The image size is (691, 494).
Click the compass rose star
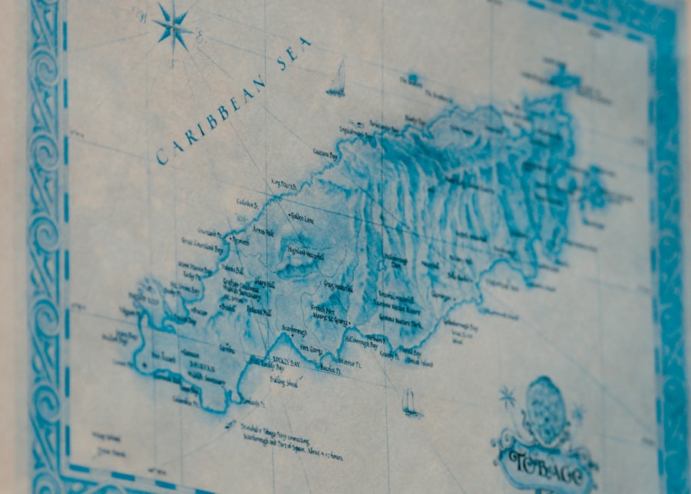[174, 25]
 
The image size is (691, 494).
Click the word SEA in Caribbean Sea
[295, 54]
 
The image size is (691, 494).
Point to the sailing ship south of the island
[411, 403]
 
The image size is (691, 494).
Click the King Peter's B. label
[283, 183]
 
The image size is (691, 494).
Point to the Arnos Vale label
[264, 230]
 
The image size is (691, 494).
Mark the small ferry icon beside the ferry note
[230, 422]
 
